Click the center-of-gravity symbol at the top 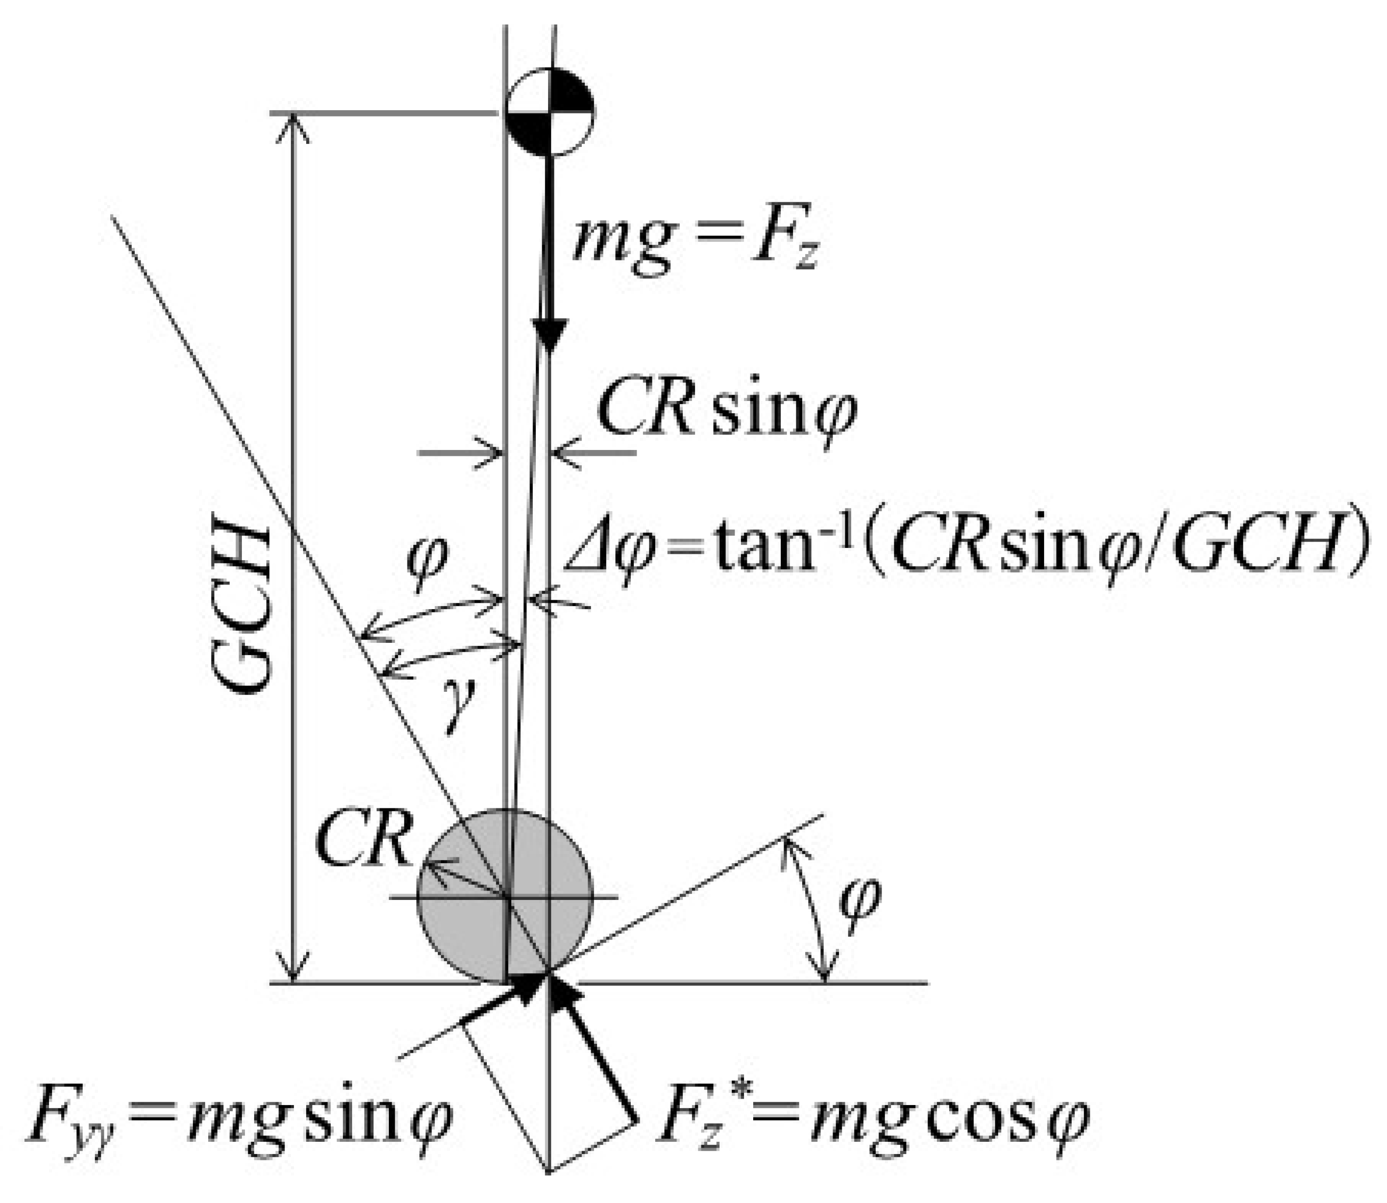(x=549, y=112)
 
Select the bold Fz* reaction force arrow (x=591, y=1047)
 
